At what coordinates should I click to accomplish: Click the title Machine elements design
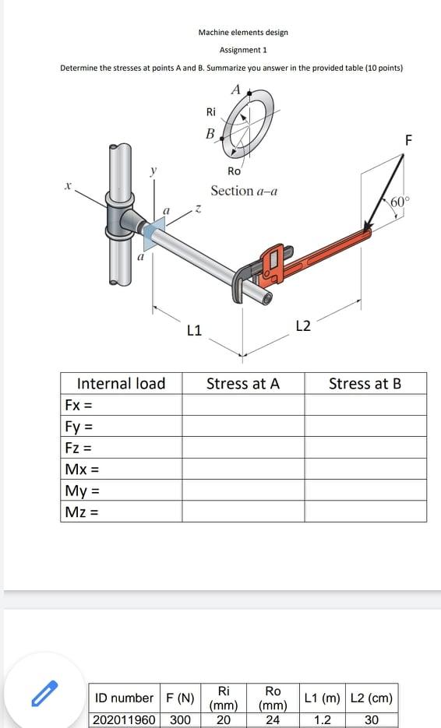[x=243, y=33]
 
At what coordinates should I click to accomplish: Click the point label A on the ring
[x=235, y=90]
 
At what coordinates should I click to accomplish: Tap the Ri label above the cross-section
[x=210, y=111]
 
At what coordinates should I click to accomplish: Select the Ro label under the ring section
[x=234, y=171]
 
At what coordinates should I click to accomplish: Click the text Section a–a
[x=244, y=191]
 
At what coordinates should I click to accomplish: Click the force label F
[x=409, y=140]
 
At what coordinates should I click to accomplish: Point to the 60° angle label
[x=398, y=202]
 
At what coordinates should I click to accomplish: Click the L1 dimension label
[x=195, y=330]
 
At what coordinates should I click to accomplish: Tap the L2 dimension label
[x=304, y=325]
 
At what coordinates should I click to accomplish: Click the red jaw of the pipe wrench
[x=272, y=262]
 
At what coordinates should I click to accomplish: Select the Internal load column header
[x=121, y=383]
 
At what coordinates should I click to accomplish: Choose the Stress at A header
[x=243, y=383]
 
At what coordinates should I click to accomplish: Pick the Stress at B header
[x=365, y=383]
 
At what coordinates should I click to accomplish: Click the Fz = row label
[x=79, y=448]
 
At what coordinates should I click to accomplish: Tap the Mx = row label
[x=82, y=470]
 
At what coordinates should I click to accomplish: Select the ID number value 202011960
[x=124, y=719]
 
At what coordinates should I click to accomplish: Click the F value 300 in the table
[x=180, y=719]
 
